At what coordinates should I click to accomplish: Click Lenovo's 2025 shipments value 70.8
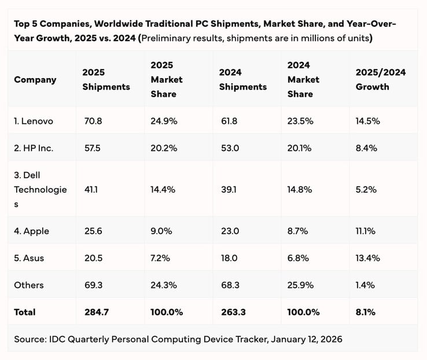point(92,121)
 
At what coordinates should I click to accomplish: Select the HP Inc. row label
point(34,148)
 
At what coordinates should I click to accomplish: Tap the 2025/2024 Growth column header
point(380,79)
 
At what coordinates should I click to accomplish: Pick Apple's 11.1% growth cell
point(366,231)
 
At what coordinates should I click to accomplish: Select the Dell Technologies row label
point(40,189)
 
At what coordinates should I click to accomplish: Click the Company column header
point(35,79)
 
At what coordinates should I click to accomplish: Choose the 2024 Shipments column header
point(242,79)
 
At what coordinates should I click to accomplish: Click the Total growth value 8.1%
point(366,312)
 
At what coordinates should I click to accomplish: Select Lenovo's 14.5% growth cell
point(367,121)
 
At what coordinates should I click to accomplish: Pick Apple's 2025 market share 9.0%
point(160,231)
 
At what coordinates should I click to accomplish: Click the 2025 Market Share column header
point(166,79)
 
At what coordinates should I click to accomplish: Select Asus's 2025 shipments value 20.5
point(92,258)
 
